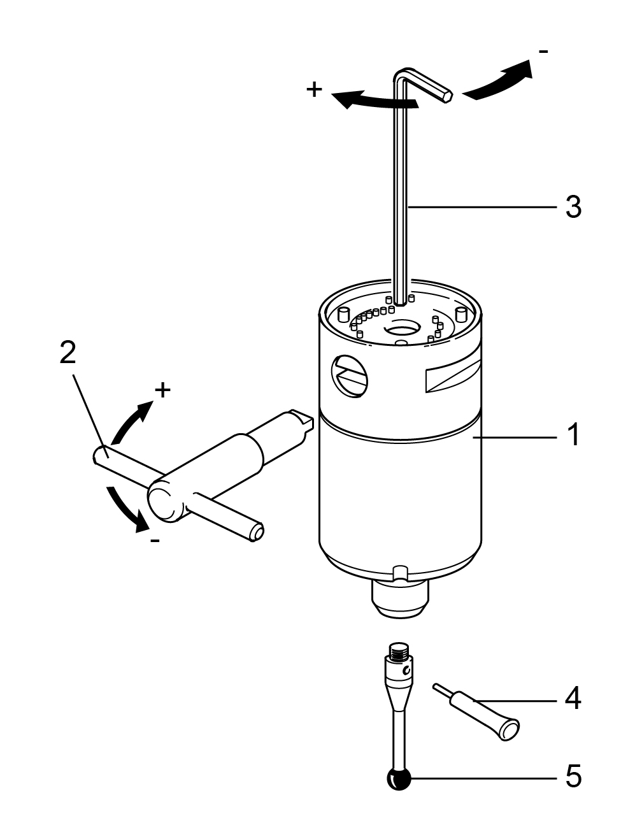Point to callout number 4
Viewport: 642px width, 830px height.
pyautogui.click(x=573, y=698)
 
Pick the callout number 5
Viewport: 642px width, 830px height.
pyautogui.click(x=573, y=776)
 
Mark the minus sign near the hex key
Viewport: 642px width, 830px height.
pyautogui.click(x=543, y=52)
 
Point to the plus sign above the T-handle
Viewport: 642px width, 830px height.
pyautogui.click(x=162, y=390)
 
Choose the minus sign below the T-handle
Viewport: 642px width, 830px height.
pyautogui.click(x=155, y=540)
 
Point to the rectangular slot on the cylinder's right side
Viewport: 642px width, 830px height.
pyautogui.click(x=453, y=380)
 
